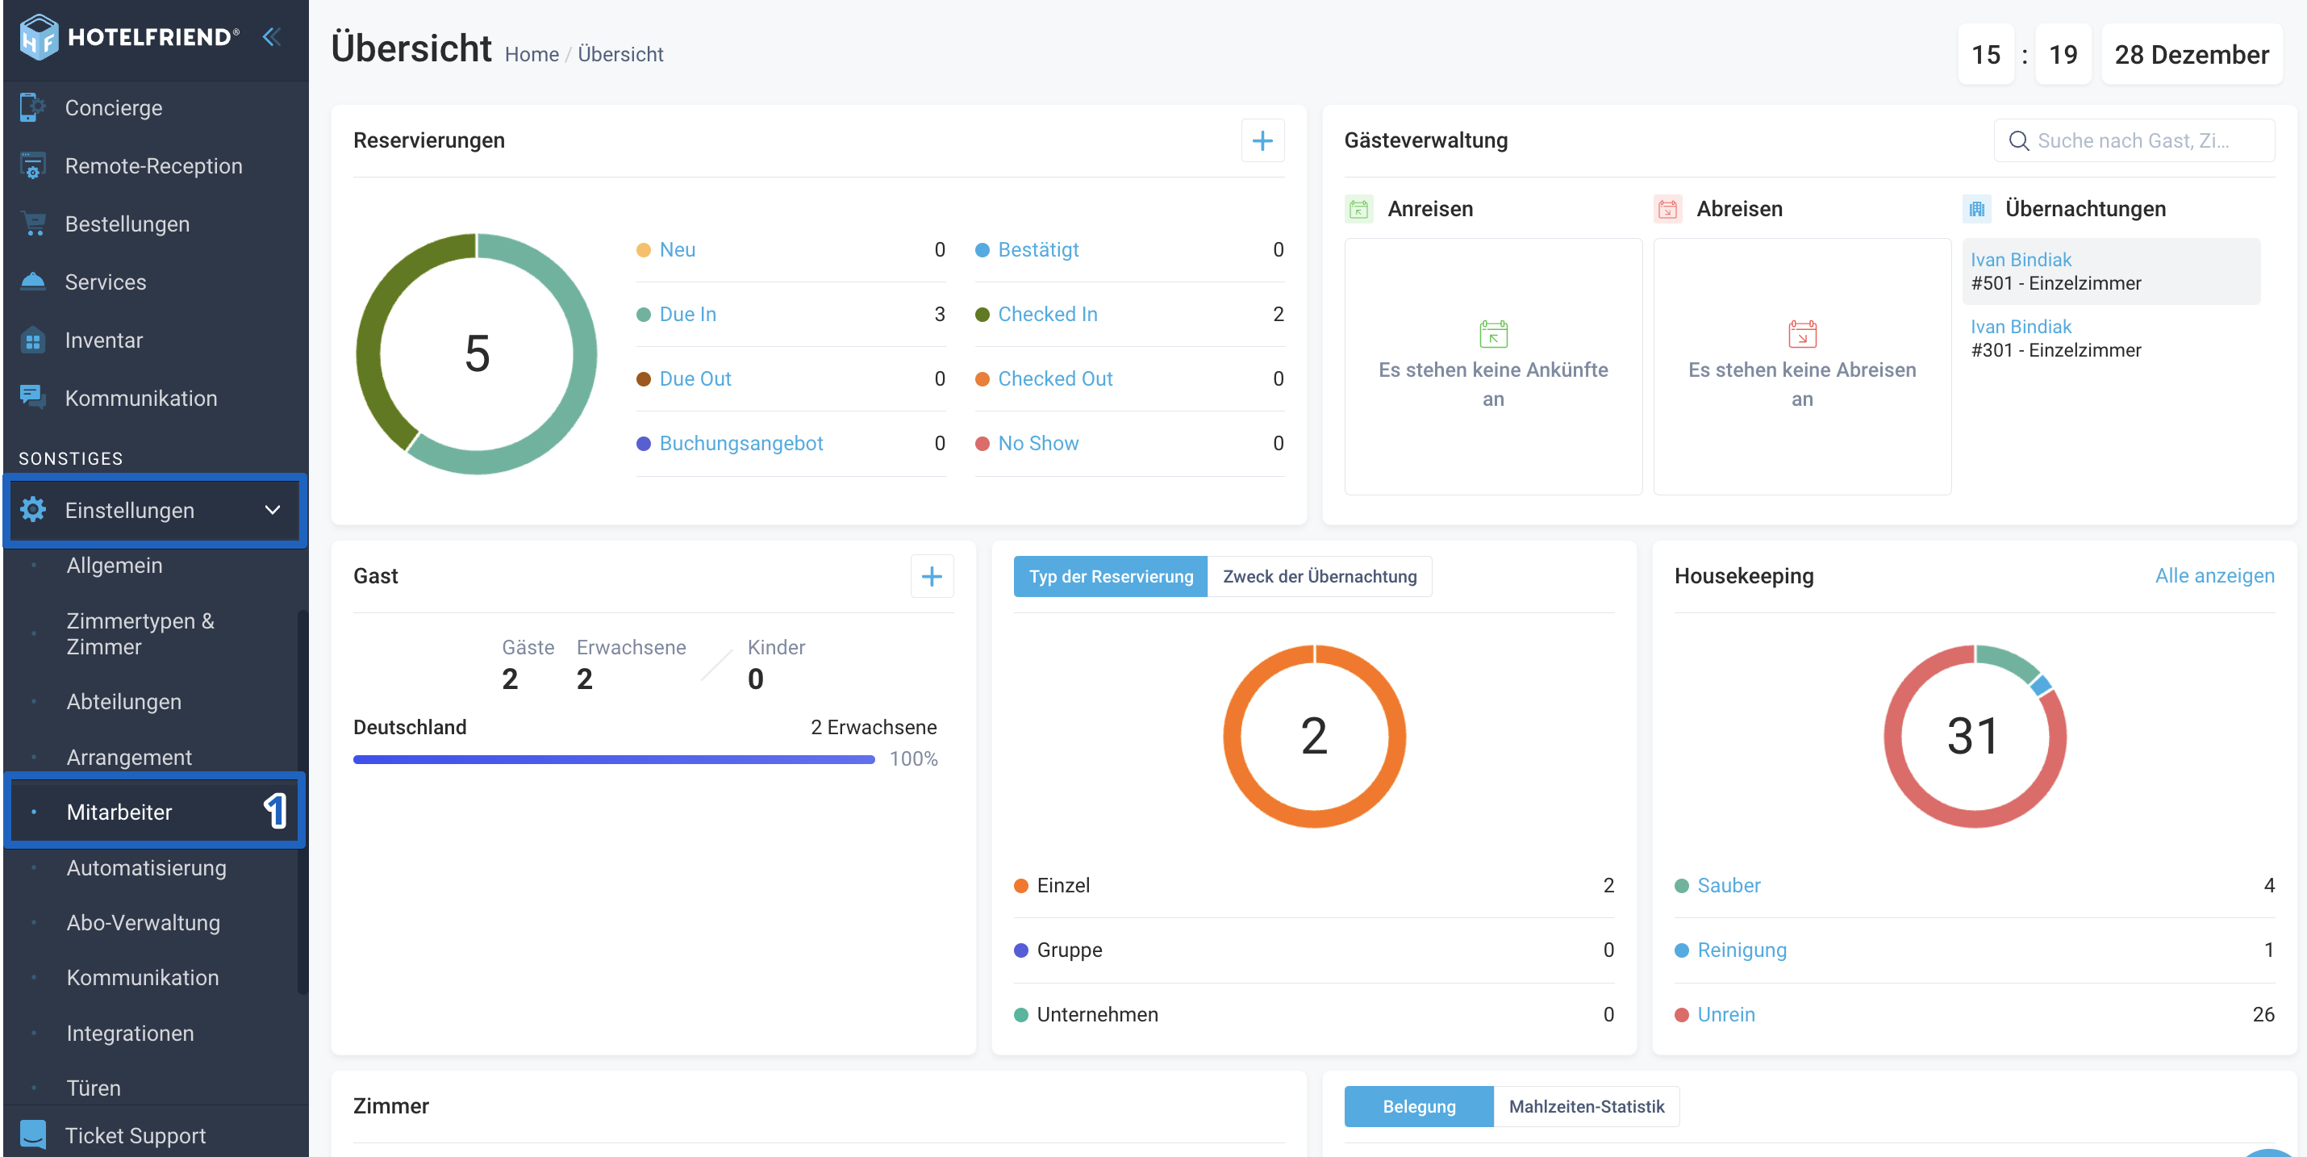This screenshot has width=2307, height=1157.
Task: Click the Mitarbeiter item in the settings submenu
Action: coord(119,812)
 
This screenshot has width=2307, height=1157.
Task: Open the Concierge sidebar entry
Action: coord(113,107)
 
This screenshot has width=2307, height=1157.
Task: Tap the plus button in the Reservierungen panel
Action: coord(1262,140)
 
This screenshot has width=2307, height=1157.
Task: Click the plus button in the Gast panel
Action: coord(932,576)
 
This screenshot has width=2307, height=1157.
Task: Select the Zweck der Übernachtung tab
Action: coord(1319,576)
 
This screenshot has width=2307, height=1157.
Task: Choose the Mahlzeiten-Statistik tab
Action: coord(1586,1106)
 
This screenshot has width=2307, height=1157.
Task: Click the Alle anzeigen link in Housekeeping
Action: coord(2214,576)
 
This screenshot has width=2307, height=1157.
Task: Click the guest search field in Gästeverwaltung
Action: coord(2134,140)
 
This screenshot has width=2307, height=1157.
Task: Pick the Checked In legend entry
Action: coord(1048,315)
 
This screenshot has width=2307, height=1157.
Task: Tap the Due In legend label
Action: coord(688,315)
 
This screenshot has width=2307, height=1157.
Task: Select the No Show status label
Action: coord(1038,443)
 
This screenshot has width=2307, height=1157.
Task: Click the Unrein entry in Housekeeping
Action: coord(1725,1015)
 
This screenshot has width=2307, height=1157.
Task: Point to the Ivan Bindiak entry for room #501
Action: coord(2021,260)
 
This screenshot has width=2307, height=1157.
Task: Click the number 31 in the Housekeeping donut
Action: coord(1973,736)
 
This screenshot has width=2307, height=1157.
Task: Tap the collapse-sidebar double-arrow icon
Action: coord(271,37)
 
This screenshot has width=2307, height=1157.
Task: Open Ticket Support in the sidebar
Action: coord(136,1134)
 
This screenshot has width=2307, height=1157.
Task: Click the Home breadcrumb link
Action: coord(531,55)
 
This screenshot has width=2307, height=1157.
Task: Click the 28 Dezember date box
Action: coord(2192,55)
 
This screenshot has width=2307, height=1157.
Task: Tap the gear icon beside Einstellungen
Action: coord(33,510)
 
